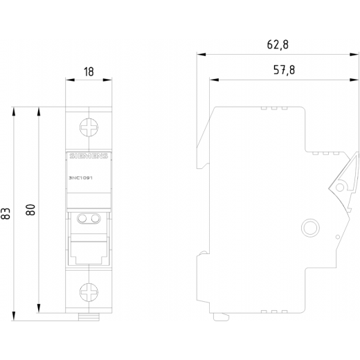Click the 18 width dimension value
[89, 72]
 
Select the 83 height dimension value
[6, 213]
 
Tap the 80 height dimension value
[30, 210]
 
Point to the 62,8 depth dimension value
[278, 45]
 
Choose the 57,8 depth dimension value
[284, 70]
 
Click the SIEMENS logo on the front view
[89, 156]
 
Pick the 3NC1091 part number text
[81, 178]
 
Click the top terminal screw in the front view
[89, 127]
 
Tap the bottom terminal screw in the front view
[89, 292]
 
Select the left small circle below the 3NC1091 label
[82, 218]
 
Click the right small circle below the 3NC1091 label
[95, 218]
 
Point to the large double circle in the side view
[310, 228]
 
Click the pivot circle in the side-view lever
[340, 187]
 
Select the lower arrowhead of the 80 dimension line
[39, 309]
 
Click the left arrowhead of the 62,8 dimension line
[201, 55]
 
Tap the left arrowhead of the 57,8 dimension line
[214, 80]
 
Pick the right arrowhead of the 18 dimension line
[107, 80]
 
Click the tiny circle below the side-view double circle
[337, 237]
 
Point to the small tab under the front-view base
[89, 317]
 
